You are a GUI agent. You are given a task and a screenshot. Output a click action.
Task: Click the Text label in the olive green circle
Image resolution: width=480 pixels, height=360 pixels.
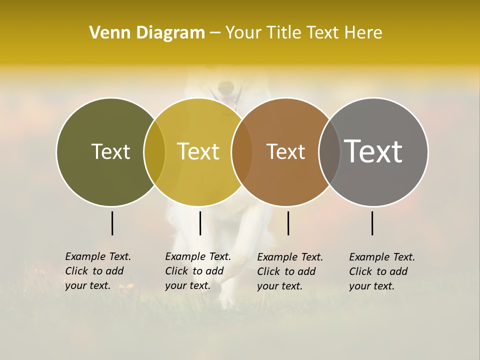[110, 151]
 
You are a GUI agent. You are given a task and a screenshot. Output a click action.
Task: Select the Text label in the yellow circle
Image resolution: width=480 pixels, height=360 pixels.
[198, 151]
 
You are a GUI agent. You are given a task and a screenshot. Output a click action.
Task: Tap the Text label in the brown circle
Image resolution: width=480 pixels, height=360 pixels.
[285, 151]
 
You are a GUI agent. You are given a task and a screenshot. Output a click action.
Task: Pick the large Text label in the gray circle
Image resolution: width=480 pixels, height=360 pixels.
[373, 151]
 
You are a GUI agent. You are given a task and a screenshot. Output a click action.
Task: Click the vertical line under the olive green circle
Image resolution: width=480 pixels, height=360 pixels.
[112, 223]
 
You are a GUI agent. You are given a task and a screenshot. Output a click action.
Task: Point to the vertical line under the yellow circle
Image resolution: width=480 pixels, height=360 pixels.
[200, 223]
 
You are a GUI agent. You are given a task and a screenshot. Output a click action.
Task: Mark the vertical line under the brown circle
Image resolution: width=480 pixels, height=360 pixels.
[288, 223]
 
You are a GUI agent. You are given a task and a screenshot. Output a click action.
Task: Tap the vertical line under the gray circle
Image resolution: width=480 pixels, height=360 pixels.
[372, 223]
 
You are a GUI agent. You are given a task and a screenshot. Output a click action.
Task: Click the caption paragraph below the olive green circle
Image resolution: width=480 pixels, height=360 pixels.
[97, 271]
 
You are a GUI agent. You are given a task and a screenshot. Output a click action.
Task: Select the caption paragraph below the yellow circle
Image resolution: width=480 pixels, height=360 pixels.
[197, 271]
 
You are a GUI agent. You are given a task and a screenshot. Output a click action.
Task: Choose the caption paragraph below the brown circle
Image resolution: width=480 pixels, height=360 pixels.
[289, 271]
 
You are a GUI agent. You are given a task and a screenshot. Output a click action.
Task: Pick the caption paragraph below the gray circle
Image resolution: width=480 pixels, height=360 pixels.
[381, 271]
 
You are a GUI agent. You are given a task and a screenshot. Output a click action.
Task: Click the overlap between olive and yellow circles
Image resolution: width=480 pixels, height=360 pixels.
[154, 151]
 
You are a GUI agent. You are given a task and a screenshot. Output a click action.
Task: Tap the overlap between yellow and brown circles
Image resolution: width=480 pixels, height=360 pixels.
[242, 151]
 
